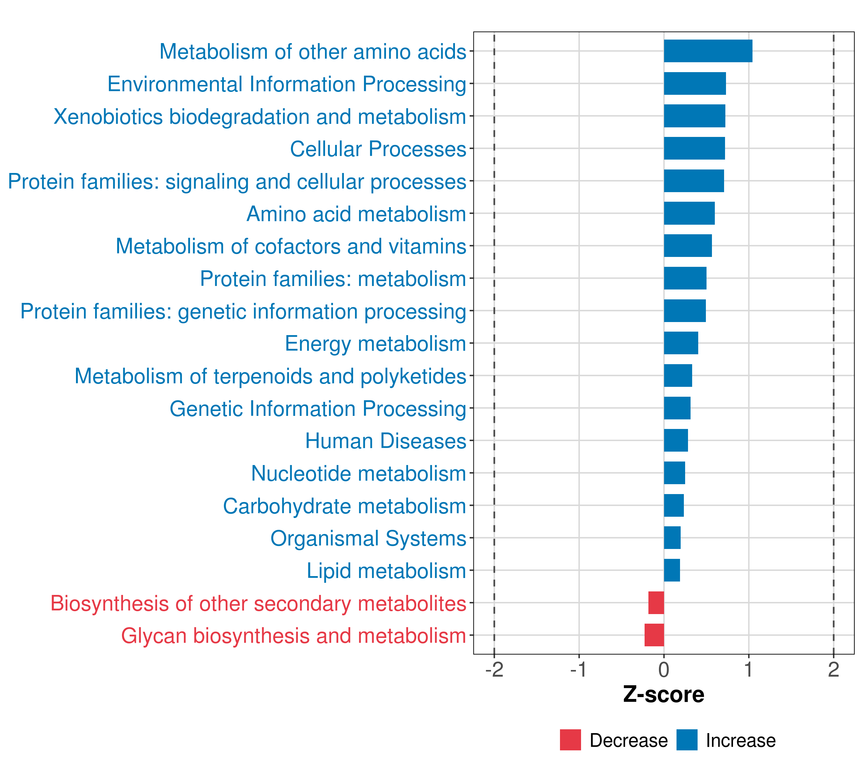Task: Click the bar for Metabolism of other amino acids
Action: (708, 51)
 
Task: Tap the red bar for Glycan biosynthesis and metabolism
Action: (654, 635)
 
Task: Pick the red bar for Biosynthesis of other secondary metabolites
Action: (656, 603)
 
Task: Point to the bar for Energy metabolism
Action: (681, 343)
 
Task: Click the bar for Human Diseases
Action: (676, 440)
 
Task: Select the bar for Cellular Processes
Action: (695, 148)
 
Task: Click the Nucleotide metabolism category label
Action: (359, 473)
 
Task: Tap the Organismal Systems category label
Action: (368, 539)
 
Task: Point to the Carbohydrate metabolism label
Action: (344, 506)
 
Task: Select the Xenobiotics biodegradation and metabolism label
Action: (260, 117)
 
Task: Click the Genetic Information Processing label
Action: (318, 409)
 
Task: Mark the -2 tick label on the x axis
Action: (494, 670)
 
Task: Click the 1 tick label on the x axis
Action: (749, 670)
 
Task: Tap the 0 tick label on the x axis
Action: (664, 670)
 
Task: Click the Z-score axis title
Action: (664, 695)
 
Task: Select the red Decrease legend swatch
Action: (570, 740)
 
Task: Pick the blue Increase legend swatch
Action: (687, 740)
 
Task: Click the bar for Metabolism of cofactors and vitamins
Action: (688, 246)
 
